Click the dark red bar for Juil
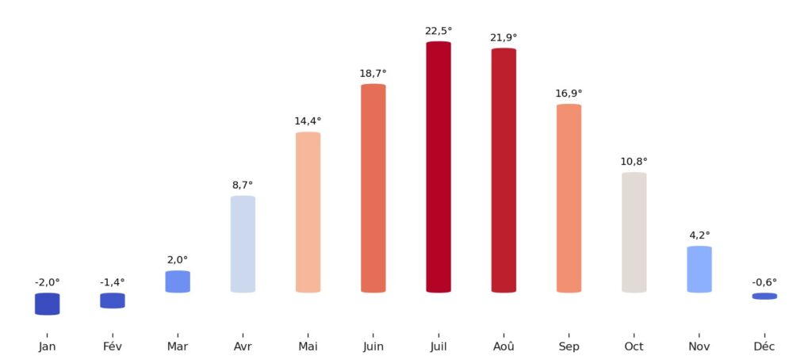[x=439, y=167]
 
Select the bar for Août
[x=504, y=170]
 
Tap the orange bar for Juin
[x=373, y=188]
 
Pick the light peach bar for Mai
[x=308, y=212]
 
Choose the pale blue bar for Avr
[x=243, y=243]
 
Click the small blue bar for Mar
[x=178, y=281]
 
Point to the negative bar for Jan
[x=48, y=304]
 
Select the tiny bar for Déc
[x=764, y=296]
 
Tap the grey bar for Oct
[x=634, y=232]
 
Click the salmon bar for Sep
[x=569, y=198]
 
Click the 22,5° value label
[x=439, y=31]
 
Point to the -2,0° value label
[x=48, y=282]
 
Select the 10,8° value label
[x=634, y=162]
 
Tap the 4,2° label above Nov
[x=699, y=236]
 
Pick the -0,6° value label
[x=764, y=282]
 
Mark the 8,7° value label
[x=243, y=185]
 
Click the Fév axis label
[x=113, y=347]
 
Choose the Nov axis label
[x=699, y=347]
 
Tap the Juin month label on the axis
[x=373, y=347]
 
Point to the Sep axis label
[x=569, y=347]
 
